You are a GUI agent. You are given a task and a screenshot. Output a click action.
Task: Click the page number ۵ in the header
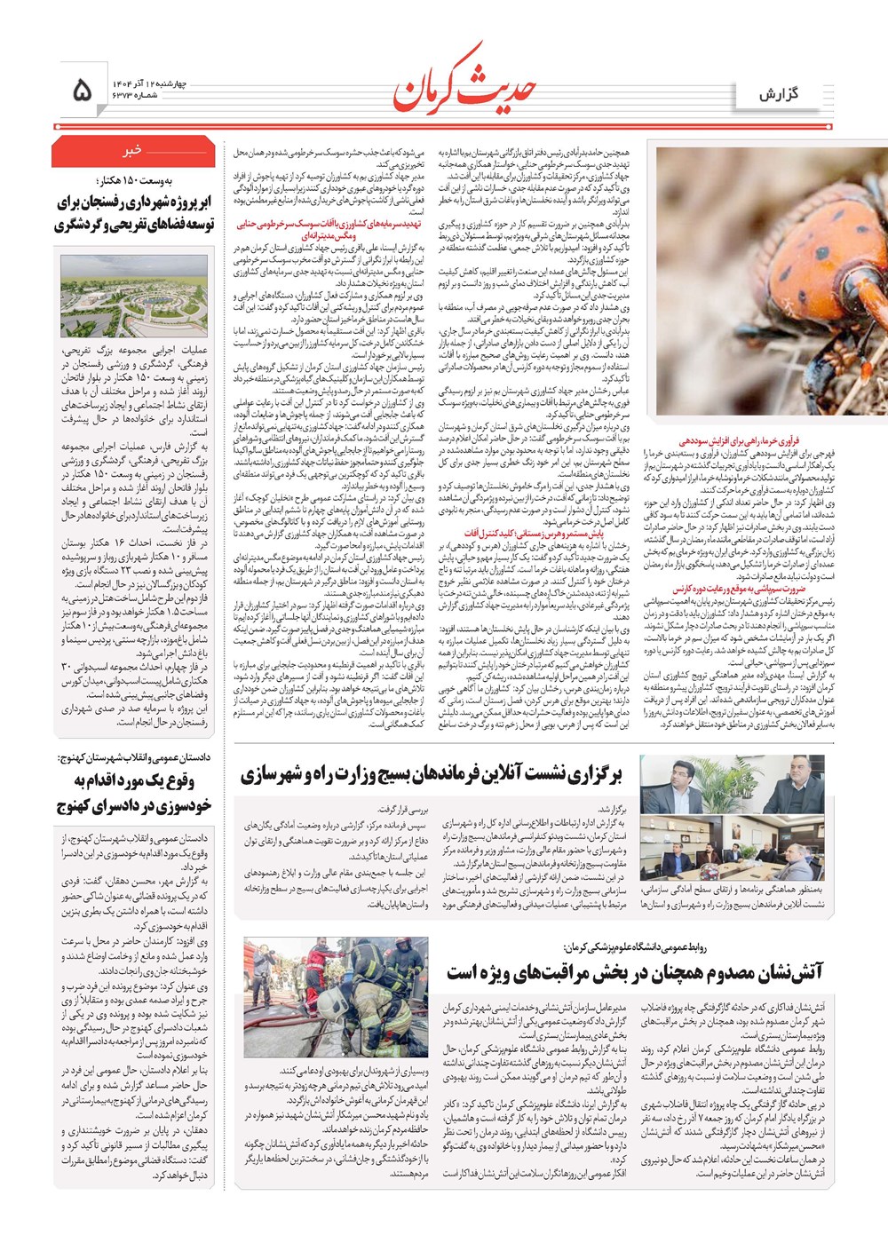pos(81,90)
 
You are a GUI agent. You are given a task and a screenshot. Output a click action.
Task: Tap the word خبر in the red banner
pos(133,151)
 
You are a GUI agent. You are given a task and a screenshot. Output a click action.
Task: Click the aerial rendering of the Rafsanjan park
pos(133,296)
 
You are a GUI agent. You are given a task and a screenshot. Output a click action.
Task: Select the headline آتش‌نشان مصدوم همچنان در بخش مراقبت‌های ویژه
pos(635,974)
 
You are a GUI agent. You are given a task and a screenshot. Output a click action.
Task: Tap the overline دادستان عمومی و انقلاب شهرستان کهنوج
pos(133,757)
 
